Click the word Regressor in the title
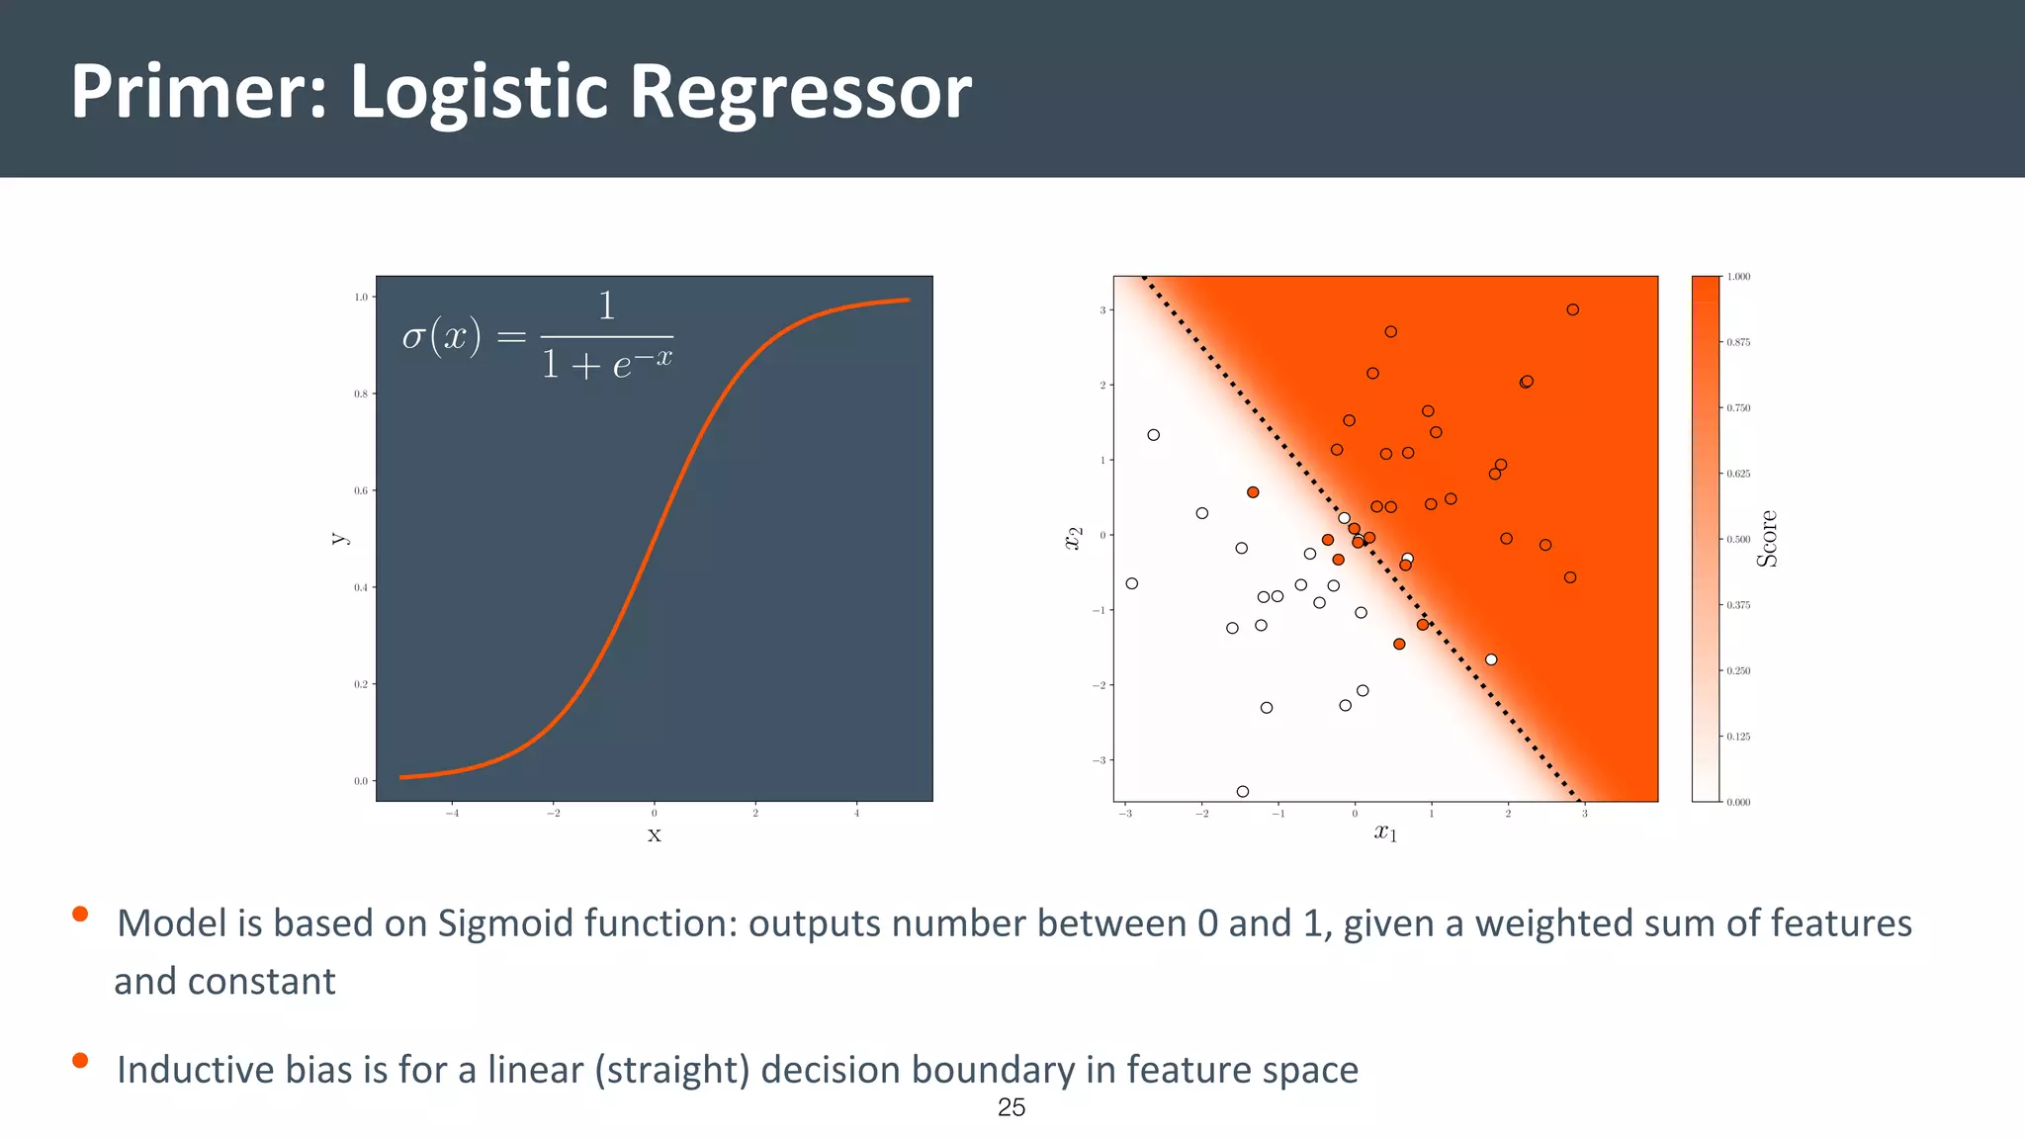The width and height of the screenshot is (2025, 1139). tap(800, 92)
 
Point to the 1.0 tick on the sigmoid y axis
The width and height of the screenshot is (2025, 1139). tap(361, 297)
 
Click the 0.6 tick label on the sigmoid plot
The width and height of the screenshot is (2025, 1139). tap(361, 490)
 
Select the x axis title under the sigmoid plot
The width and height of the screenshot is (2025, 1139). tap(654, 835)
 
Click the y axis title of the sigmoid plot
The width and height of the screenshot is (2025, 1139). tap(338, 539)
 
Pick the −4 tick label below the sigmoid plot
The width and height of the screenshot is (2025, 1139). tap(452, 814)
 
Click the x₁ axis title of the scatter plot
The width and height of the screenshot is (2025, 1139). tap(1385, 832)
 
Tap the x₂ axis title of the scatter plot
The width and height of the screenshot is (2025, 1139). tap(1073, 538)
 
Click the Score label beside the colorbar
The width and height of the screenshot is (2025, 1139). tap(1767, 539)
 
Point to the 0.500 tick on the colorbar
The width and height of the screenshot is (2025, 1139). tap(1738, 540)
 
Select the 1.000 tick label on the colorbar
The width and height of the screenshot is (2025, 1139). tap(1738, 277)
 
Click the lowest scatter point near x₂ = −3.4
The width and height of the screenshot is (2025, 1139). tap(1243, 791)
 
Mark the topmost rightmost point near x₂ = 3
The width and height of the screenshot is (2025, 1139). tap(1572, 309)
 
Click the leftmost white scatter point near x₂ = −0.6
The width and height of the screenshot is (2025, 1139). tap(1132, 583)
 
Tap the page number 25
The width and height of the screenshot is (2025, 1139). tap(1012, 1107)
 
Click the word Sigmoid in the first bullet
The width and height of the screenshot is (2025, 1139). tap(505, 923)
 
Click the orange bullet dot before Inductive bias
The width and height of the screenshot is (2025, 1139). tap(80, 1061)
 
